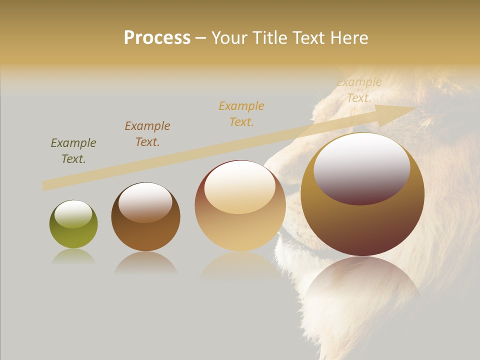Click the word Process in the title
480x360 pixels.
click(157, 38)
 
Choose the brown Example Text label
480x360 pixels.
click(147, 134)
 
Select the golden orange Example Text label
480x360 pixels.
click(241, 114)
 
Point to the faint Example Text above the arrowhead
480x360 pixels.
click(359, 90)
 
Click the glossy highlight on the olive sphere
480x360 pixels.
click(73, 214)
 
